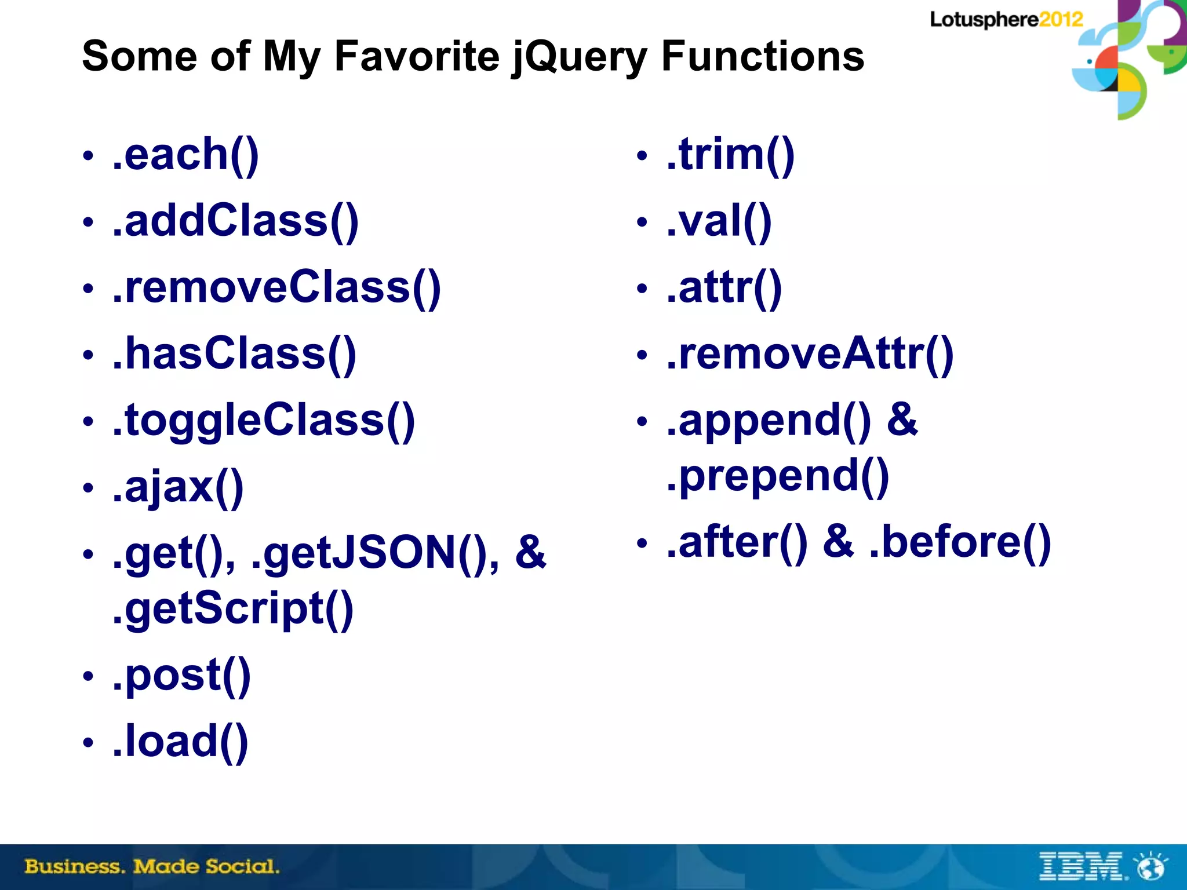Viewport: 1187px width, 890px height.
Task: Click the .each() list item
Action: (x=185, y=155)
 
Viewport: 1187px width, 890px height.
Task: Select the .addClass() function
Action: (x=235, y=221)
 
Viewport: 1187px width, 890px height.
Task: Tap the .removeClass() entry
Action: (x=276, y=288)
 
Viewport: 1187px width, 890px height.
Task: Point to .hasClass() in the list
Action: (x=234, y=354)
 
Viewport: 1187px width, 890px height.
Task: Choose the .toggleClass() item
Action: (x=264, y=421)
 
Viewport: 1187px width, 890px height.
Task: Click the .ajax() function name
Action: (x=178, y=487)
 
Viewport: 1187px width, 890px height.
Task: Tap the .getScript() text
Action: (x=233, y=609)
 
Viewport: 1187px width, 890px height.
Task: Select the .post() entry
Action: (x=181, y=676)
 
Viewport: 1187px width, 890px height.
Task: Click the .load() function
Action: (x=180, y=742)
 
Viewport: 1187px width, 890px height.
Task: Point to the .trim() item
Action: (x=730, y=155)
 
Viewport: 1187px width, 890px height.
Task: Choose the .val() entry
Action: (x=719, y=221)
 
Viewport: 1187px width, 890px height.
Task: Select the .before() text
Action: (x=960, y=543)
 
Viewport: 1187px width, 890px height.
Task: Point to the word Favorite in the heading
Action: (x=417, y=57)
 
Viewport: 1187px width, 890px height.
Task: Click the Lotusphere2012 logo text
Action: (x=1006, y=20)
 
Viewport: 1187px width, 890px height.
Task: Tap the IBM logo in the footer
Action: (x=1082, y=866)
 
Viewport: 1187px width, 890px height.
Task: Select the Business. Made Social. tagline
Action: (x=152, y=867)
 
